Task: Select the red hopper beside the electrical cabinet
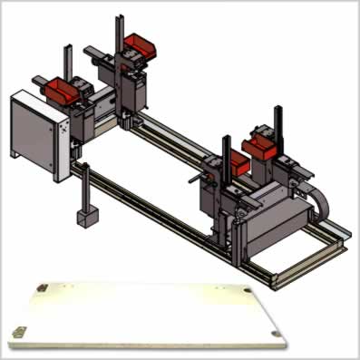[x=62, y=89]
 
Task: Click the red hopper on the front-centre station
[x=235, y=163]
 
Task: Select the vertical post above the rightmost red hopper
[x=276, y=115]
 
